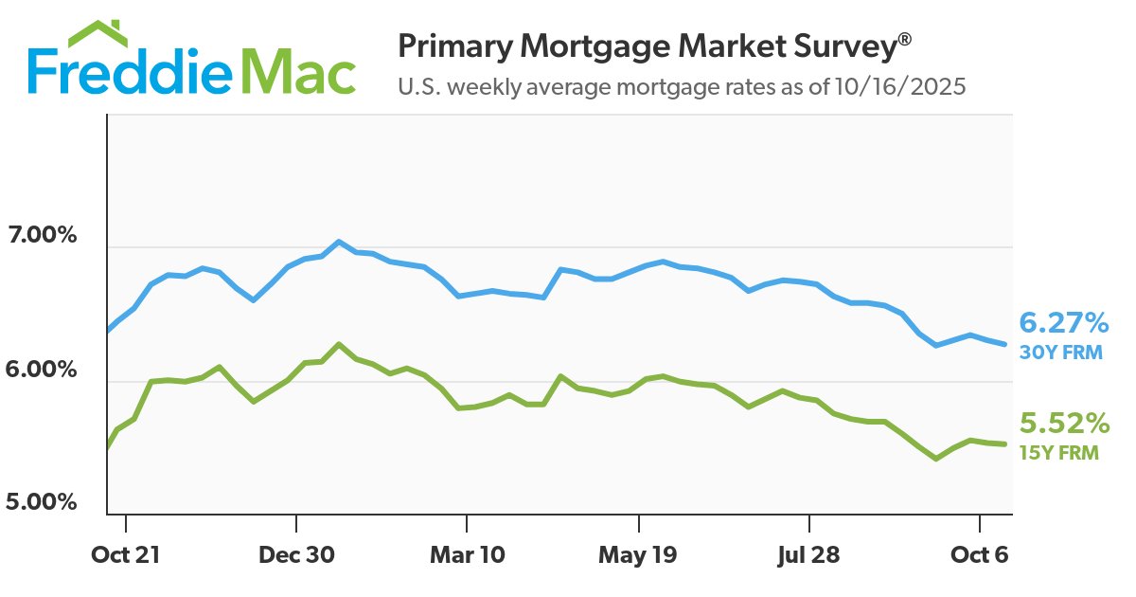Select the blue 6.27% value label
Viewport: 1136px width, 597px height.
pyautogui.click(x=1063, y=324)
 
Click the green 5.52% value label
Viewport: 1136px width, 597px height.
pyautogui.click(x=1063, y=423)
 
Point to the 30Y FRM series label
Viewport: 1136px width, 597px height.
pyautogui.click(x=1059, y=353)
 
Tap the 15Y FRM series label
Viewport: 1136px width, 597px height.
pyautogui.click(x=1059, y=452)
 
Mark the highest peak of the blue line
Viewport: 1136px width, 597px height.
pyautogui.click(x=339, y=242)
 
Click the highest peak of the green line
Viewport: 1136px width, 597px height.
pyautogui.click(x=339, y=344)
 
